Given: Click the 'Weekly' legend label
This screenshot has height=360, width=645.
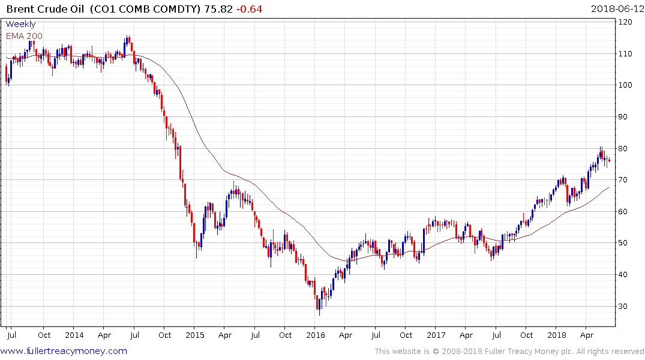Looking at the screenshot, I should (x=20, y=25).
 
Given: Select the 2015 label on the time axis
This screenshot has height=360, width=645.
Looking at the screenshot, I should (x=194, y=335).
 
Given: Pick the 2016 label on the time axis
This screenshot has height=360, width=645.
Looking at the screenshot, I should (x=316, y=335).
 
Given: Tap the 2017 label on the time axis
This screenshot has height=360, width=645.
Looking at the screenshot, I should (x=437, y=335).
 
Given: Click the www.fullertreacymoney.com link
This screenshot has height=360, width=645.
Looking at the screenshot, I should (x=64, y=351).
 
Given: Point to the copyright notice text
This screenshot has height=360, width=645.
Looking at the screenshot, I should (x=509, y=352).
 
